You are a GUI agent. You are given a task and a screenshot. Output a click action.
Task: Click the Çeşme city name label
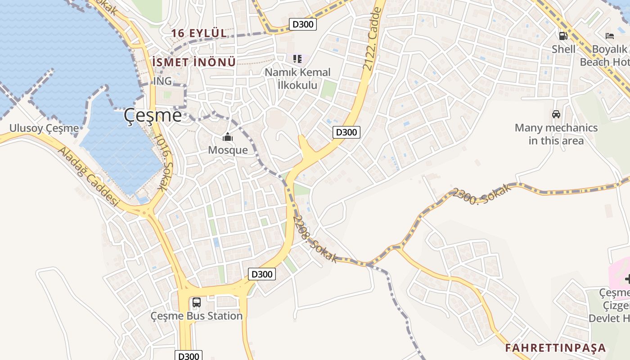click(153, 116)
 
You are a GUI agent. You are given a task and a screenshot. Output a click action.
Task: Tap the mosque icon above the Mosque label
click(228, 137)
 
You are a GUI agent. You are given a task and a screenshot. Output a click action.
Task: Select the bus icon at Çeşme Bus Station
click(196, 302)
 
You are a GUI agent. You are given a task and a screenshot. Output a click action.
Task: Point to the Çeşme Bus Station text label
click(197, 316)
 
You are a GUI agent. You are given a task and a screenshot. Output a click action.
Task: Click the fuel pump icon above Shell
click(563, 36)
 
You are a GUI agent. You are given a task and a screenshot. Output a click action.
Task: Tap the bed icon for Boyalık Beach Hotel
click(610, 36)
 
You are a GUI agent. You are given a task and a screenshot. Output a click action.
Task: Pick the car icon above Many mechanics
click(556, 114)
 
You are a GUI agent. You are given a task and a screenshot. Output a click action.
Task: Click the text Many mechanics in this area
click(556, 134)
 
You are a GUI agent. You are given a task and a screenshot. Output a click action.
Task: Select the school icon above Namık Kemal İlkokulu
click(297, 59)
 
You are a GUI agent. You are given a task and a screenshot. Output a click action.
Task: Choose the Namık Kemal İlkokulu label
click(297, 79)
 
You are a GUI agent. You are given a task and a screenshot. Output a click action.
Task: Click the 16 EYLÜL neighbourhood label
click(198, 33)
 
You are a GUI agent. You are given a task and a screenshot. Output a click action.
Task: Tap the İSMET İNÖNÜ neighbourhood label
click(194, 63)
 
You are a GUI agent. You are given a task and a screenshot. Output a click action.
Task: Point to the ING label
click(162, 81)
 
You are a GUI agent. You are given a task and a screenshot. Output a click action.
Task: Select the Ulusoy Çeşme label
click(44, 129)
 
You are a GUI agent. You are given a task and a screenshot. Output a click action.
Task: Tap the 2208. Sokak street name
click(315, 239)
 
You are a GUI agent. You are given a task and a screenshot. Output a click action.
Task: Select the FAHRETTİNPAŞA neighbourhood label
click(555, 348)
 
